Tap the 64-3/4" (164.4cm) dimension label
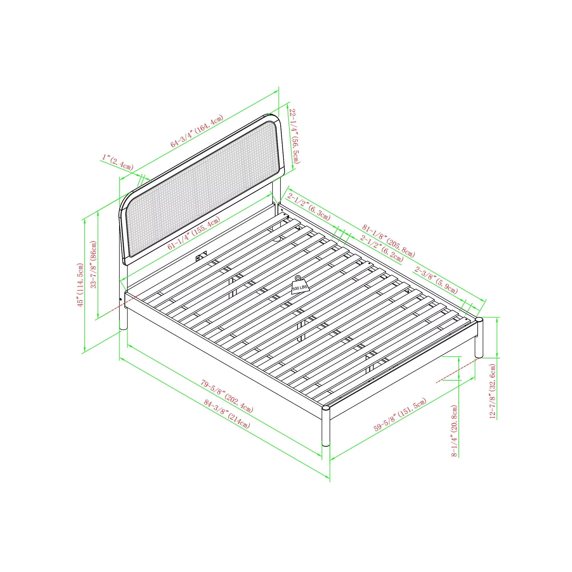tap(196, 131)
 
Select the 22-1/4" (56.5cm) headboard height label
tap(294, 136)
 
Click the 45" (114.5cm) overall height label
tap(80, 285)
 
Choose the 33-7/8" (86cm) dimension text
tap(94, 264)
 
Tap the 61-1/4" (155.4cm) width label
tap(194, 233)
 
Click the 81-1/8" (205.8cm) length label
tap(388, 241)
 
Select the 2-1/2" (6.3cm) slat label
tap(309, 206)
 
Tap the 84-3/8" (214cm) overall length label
tap(227, 414)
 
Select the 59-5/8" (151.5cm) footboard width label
tap(400, 414)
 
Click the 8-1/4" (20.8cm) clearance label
tap(454, 431)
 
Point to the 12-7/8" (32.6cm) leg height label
tap(492, 391)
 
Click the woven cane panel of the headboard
tap(202, 188)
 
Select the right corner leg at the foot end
tap(479, 337)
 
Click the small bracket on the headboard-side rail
tap(201, 256)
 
